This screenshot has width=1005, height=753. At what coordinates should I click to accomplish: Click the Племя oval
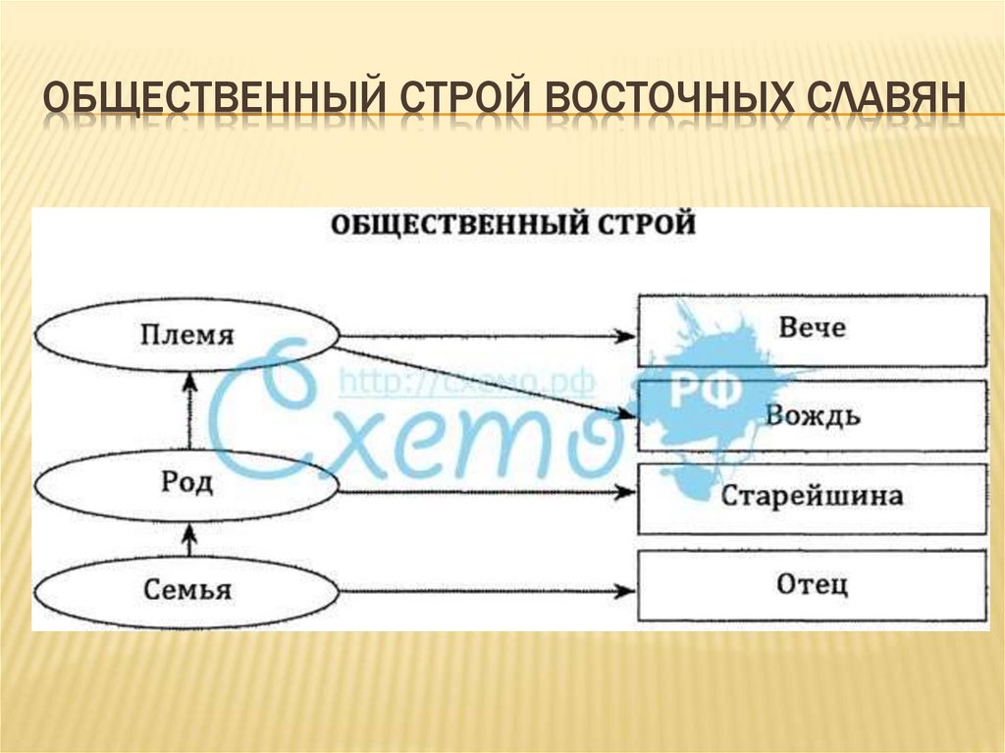[186, 336]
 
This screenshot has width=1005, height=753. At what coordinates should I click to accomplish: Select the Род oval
[186, 484]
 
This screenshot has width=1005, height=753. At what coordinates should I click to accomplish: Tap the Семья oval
[186, 590]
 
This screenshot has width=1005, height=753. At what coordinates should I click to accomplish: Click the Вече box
[813, 329]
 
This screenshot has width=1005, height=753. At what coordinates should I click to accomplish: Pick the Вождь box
[813, 415]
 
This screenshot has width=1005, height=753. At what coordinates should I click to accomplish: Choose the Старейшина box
[813, 496]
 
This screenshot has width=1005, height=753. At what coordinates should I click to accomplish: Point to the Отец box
[813, 586]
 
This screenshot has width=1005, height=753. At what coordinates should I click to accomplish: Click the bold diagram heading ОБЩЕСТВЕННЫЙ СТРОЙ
[512, 224]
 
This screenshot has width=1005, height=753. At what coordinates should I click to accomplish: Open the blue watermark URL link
[466, 383]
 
